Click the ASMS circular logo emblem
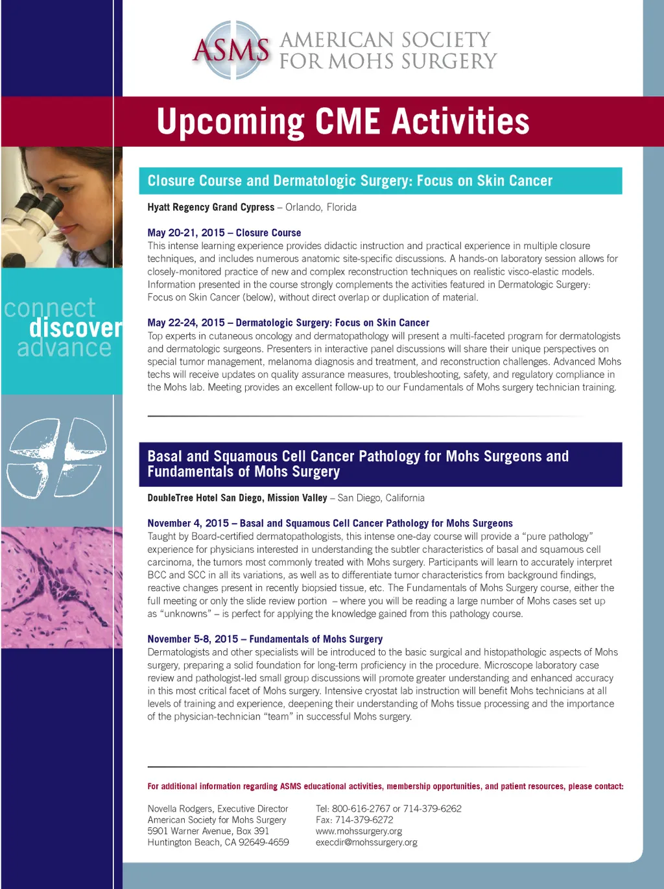(231, 50)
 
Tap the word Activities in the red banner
(461, 120)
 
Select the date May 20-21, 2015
(185, 232)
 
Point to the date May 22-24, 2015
(185, 323)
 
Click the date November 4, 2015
(188, 523)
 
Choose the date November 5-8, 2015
(193, 639)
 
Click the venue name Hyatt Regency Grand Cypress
(211, 207)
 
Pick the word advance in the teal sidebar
(64, 348)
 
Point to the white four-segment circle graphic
(58, 457)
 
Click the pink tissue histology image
(62, 587)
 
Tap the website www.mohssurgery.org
(359, 831)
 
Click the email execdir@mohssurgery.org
(366, 842)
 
